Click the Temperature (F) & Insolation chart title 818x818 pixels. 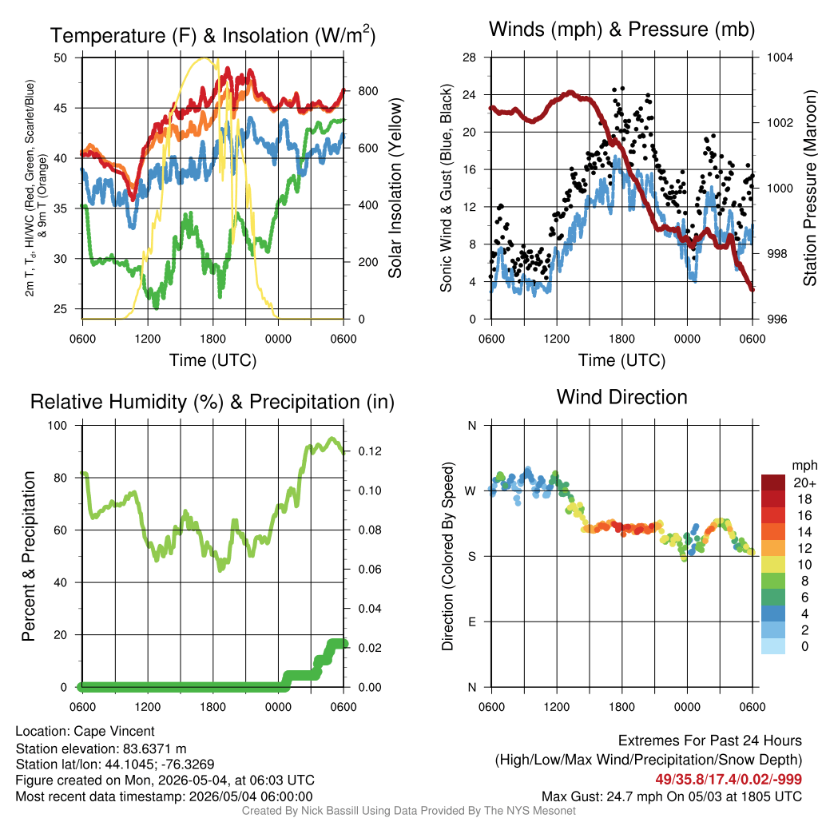click(x=212, y=35)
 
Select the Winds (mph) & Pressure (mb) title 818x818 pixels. click(x=621, y=30)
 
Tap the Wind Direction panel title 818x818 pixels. click(x=621, y=397)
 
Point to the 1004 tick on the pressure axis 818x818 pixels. click(x=780, y=58)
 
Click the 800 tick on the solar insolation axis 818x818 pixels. click(x=367, y=91)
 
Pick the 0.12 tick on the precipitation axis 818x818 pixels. click(x=370, y=451)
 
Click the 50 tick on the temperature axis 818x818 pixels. click(x=61, y=58)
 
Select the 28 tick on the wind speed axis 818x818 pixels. click(x=470, y=58)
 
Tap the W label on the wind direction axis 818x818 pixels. click(x=471, y=491)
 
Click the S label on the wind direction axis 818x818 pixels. click(x=471, y=557)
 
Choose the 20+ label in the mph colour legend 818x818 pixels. click(x=804, y=483)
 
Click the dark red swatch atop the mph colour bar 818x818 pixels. click(x=773, y=482)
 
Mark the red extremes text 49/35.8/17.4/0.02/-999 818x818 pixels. click(x=729, y=780)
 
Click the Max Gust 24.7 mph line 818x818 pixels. click(x=671, y=796)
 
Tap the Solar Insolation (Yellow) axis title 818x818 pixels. click(x=395, y=188)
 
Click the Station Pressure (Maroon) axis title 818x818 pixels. click(x=809, y=188)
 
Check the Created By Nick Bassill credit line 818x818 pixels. click(x=408, y=811)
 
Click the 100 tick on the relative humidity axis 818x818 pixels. click(x=58, y=426)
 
